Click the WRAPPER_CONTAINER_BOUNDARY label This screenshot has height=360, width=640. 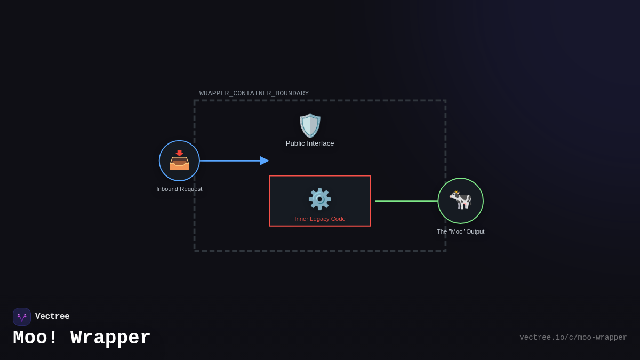point(254,93)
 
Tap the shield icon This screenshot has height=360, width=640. point(310,125)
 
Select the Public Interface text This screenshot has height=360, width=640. point(310,143)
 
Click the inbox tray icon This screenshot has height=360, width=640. point(179,161)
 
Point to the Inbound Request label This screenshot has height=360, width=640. point(179,189)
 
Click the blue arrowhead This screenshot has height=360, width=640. point(265,161)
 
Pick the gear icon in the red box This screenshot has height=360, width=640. point(319,199)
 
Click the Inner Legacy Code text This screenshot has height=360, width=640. point(320,219)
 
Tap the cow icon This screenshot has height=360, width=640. point(460,200)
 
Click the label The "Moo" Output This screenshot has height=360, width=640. point(460,231)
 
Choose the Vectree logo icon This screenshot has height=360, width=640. point(22,317)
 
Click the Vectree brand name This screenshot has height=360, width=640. point(52,317)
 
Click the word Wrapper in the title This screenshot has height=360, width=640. point(110,338)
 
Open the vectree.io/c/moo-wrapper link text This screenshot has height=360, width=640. point(573,338)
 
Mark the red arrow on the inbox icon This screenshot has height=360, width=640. point(179,154)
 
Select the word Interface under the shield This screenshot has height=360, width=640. point(321,143)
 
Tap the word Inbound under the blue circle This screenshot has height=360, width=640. point(167,189)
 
